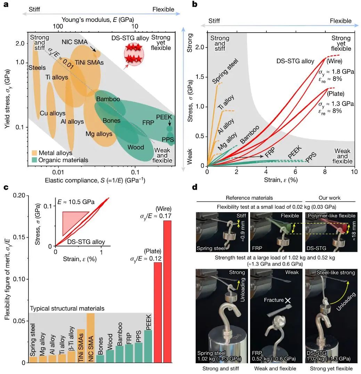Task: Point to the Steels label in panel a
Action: (38, 67)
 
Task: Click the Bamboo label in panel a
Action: (108, 99)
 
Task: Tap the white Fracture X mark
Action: (287, 300)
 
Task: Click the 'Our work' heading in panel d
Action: (330, 198)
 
